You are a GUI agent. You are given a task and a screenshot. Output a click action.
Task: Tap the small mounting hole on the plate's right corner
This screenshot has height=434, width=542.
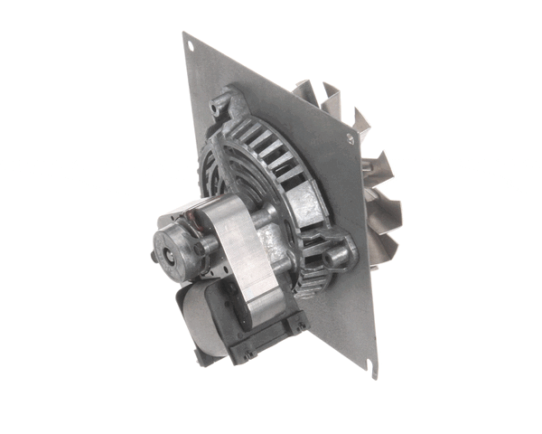coord(349,137)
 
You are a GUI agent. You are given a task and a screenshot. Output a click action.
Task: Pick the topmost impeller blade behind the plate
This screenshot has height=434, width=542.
coord(312,90)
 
